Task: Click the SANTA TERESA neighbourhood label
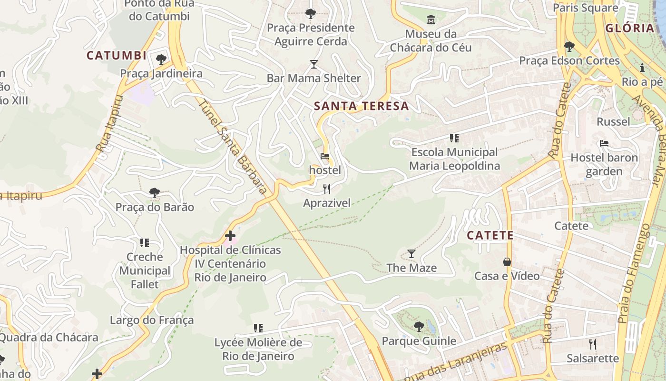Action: (x=362, y=106)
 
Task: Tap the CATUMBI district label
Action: (x=117, y=56)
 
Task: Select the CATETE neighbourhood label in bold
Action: (x=490, y=235)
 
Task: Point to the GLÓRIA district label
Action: (x=630, y=28)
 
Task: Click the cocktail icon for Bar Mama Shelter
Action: (x=313, y=64)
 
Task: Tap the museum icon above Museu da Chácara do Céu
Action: (x=431, y=20)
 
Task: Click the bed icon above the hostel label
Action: (x=325, y=156)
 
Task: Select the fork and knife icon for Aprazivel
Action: (x=327, y=189)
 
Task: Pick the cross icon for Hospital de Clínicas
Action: (x=230, y=236)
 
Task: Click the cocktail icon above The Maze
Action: (x=411, y=254)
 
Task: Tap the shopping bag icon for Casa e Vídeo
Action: (x=507, y=262)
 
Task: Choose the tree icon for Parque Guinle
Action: (x=419, y=326)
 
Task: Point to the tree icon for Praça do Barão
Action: (x=154, y=193)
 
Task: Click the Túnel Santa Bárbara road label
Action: (x=232, y=148)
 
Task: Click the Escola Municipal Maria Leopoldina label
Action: (x=454, y=159)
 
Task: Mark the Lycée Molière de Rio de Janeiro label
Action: (x=258, y=349)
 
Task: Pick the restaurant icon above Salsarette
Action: (x=593, y=344)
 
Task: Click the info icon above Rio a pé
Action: (x=642, y=68)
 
